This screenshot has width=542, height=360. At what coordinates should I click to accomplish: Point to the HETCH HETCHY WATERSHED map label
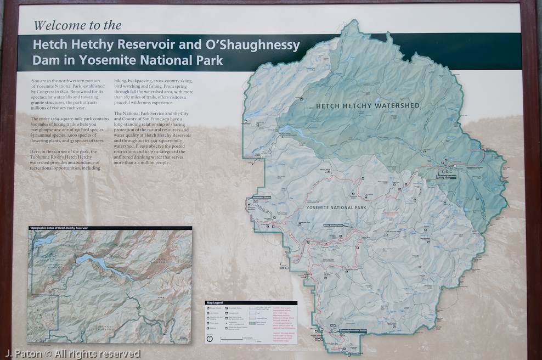368,105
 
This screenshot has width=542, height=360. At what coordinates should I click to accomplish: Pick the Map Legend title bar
251,302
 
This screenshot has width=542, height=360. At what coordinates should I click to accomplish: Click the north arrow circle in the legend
209,339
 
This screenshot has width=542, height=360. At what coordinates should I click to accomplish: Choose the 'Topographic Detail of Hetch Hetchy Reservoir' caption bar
110,228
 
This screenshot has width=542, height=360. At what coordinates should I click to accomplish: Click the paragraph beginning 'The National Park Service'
153,137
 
